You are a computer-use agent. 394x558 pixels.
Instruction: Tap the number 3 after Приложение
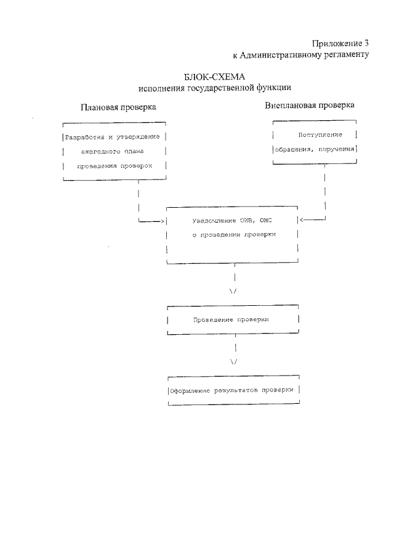[366, 43]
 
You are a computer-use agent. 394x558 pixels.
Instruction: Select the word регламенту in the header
[342, 55]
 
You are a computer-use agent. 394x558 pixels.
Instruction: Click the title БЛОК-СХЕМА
[214, 77]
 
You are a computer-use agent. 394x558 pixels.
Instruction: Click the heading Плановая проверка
[118, 107]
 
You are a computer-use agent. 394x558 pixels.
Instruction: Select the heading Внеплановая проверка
[310, 105]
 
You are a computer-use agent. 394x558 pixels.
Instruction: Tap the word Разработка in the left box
[84, 137]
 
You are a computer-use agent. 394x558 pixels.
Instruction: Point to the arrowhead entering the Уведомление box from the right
[302, 220]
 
